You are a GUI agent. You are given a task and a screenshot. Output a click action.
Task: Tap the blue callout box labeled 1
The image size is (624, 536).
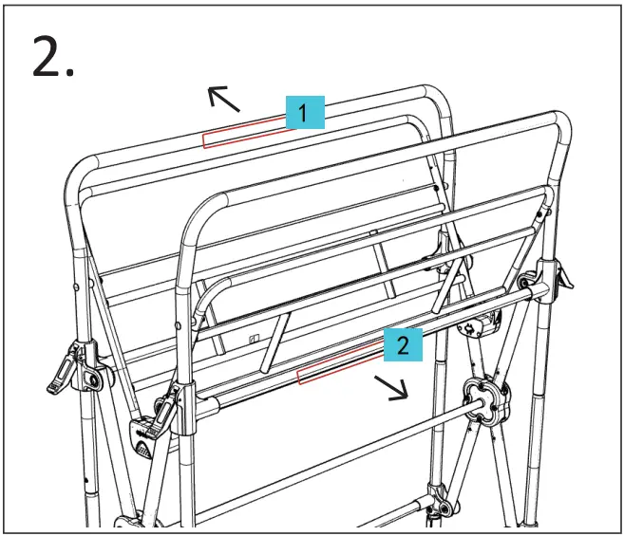305,112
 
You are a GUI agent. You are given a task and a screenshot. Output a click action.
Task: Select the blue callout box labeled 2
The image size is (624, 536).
403,344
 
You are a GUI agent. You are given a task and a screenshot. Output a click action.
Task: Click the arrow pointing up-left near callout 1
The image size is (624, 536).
223,99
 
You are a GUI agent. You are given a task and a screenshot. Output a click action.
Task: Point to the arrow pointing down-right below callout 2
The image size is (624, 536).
391,388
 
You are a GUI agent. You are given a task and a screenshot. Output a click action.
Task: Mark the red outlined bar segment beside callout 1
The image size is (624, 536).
244,133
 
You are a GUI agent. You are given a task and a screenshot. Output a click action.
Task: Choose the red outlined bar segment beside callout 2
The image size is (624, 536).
340,363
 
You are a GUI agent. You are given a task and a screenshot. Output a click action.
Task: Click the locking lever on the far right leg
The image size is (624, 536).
562,274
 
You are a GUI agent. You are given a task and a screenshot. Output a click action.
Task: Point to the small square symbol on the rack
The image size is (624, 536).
254,340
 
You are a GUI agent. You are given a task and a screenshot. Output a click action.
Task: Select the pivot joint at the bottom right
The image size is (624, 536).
442,503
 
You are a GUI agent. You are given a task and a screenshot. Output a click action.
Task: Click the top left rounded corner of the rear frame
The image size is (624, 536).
78,172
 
